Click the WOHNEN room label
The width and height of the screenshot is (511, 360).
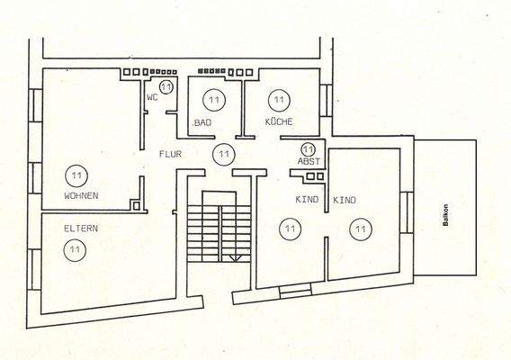(x=81, y=195)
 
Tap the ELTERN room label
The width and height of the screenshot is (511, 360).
(x=80, y=229)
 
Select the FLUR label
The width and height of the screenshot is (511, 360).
(x=171, y=155)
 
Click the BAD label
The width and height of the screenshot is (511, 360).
(x=203, y=121)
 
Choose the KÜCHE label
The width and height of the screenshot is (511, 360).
(x=279, y=121)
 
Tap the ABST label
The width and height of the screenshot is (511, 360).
(x=308, y=162)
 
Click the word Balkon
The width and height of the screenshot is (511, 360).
(x=445, y=221)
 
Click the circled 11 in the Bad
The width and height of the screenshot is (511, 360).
(x=213, y=99)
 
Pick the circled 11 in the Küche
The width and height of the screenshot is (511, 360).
(x=278, y=99)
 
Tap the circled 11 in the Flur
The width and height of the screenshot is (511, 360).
(x=221, y=154)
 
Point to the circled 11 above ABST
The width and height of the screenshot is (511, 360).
(x=309, y=149)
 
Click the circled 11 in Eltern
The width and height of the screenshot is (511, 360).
(x=76, y=249)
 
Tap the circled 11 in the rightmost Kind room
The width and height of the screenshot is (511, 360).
(x=360, y=229)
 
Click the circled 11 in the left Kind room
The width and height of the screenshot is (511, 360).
(x=289, y=229)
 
